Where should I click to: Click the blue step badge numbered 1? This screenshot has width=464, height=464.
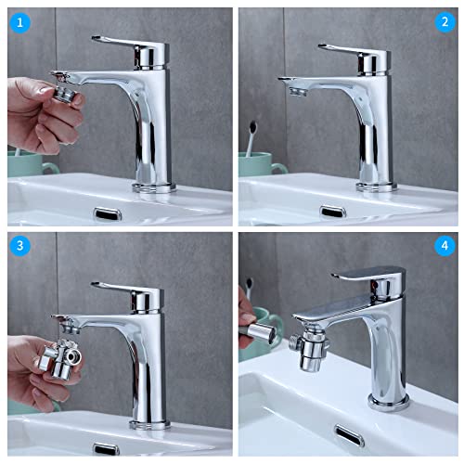point(19,22)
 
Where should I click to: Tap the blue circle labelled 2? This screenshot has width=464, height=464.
point(445,22)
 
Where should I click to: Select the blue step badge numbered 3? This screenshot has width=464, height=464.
point(19,245)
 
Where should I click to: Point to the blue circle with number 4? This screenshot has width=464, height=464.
point(445,246)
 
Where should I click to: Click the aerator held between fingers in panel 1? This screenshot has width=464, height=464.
point(66,94)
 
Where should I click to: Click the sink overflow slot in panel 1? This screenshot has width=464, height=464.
point(108,213)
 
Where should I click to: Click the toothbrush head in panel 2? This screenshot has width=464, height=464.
point(252,127)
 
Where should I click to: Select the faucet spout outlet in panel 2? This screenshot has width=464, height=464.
point(298,92)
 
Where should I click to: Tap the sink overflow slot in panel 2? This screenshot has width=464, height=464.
point(332,212)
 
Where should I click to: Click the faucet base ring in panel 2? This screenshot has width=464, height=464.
point(377,187)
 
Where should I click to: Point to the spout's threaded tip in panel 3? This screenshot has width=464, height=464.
point(71,328)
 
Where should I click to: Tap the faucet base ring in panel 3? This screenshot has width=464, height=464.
point(149,424)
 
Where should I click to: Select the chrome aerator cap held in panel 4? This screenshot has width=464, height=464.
point(263,331)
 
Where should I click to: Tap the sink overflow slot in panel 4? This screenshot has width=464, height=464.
point(349,435)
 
